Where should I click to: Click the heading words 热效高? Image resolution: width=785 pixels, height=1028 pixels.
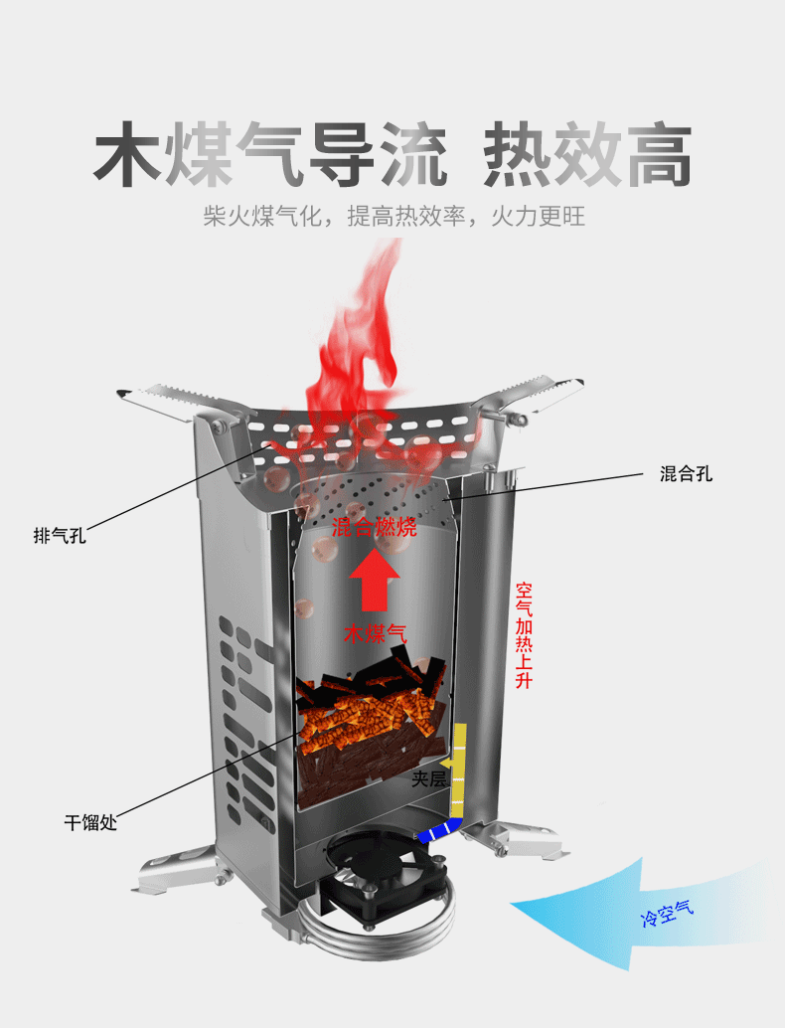586,155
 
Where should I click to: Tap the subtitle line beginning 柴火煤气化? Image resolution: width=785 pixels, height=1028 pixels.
393,217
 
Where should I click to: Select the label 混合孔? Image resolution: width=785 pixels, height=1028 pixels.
686,474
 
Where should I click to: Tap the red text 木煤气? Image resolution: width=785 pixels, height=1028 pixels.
375,633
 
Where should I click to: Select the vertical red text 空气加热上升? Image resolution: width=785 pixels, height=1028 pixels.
524,635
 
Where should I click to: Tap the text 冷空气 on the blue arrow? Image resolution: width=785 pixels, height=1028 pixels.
667,912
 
